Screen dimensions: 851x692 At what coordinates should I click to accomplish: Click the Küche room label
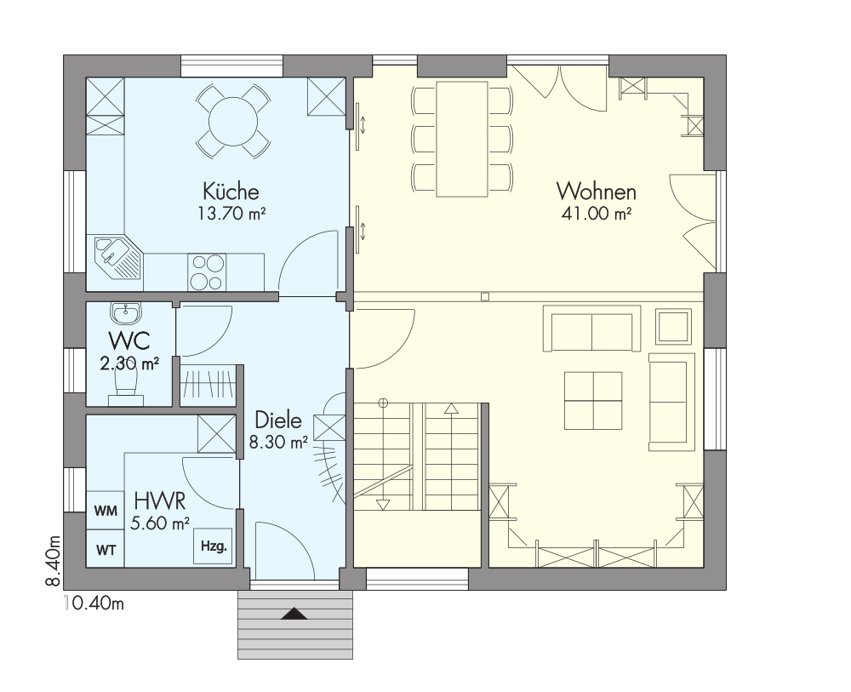[231, 192]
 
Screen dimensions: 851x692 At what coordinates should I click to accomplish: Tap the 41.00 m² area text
[597, 214]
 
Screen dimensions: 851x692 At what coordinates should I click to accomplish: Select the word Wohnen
[596, 192]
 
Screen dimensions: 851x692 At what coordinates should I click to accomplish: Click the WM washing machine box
[106, 511]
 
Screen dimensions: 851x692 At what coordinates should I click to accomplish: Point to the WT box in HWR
[106, 549]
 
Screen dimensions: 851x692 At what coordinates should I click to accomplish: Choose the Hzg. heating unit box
[214, 546]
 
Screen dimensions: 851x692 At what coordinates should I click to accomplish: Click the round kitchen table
[233, 121]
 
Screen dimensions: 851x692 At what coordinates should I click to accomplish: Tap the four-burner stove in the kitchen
[207, 272]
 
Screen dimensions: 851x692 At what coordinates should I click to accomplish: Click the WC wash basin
[126, 312]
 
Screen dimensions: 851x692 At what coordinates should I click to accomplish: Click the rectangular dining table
[461, 139]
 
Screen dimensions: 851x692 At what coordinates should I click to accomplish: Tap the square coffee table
[592, 401]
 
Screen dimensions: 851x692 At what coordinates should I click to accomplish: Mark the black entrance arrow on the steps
[294, 614]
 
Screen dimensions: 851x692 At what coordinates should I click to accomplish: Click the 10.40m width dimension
[94, 603]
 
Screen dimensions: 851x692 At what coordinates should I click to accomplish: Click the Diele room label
[278, 420]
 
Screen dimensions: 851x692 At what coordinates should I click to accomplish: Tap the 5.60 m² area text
[160, 523]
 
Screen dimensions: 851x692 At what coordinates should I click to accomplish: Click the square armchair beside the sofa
[673, 326]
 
